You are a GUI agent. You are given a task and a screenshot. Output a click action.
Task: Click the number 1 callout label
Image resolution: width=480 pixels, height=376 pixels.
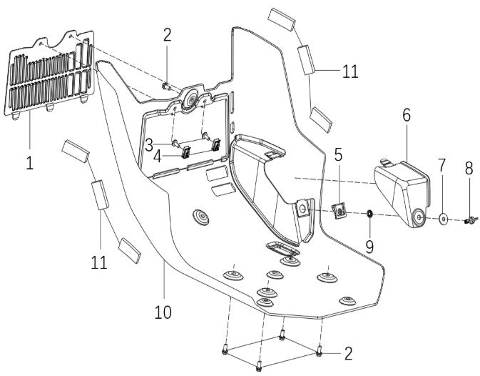tap(29, 162)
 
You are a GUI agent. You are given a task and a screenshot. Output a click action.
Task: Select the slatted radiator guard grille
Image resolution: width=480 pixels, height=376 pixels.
tap(51, 74)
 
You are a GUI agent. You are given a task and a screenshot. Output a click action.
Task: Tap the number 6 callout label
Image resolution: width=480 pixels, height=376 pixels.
tap(406, 116)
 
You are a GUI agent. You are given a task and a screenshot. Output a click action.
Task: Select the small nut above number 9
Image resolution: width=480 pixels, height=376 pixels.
tap(370, 214)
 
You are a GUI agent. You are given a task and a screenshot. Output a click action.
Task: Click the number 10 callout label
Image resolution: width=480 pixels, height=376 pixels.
tap(163, 312)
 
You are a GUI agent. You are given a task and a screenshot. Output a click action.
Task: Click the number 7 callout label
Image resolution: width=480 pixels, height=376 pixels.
tap(442, 165)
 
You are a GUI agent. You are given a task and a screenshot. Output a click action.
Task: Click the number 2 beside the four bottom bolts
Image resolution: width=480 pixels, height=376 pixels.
tap(347, 352)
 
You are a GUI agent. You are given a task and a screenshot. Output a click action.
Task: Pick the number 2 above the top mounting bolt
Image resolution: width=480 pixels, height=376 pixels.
tap(167, 34)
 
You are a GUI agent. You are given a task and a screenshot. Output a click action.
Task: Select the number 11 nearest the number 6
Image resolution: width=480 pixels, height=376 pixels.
tap(349, 71)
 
